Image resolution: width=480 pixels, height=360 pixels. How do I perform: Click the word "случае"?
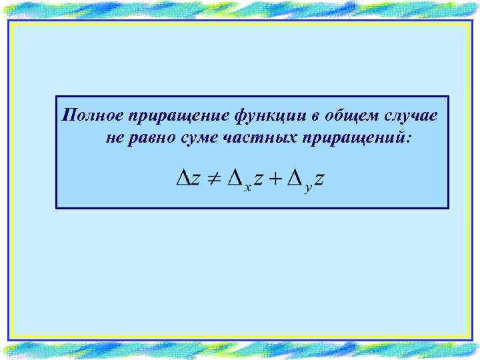coord(411,117)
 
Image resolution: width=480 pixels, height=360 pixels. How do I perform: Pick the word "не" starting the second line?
coord(113,139)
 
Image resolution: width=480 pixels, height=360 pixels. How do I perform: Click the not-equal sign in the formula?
coord(213,179)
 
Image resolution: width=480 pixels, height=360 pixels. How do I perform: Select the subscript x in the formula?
coord(247,188)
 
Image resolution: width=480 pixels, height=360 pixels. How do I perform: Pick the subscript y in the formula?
coord(308,189)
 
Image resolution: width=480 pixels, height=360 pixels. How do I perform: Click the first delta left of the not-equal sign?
coord(183,178)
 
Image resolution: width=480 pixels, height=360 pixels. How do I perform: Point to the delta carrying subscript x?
coord(235,178)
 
